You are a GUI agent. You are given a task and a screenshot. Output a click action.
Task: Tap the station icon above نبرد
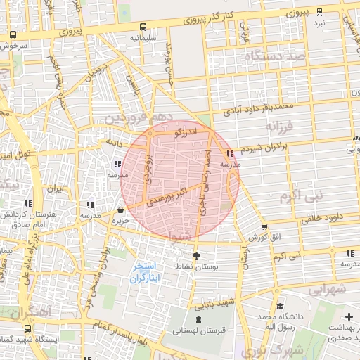320,12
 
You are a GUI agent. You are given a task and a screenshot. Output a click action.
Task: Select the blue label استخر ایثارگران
146,274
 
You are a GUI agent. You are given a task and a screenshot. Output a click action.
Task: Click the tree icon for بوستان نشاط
195,256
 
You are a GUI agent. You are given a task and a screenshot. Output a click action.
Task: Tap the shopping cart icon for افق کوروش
264,226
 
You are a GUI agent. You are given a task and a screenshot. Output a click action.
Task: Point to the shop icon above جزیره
121,210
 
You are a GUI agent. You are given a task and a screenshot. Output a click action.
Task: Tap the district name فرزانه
281,126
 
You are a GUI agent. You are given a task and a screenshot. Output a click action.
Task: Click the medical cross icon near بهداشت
349,316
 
